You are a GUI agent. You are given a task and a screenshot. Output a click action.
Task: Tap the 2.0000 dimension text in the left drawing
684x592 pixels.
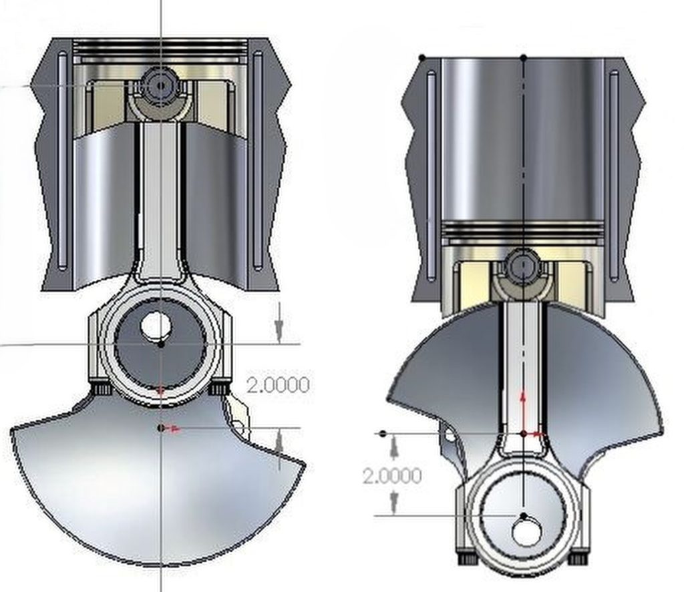pos(278,385)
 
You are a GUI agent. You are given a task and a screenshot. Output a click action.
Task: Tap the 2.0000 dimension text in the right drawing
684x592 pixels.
pos(392,476)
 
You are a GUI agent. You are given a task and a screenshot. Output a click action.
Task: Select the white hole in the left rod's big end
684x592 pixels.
pos(157,325)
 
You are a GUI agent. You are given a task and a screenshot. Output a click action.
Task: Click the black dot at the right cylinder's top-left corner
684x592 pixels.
pos(421,57)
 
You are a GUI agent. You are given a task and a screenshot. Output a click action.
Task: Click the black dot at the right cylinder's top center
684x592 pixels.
pos(523,57)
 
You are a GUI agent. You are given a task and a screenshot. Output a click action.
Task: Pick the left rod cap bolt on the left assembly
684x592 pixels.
pos(102,388)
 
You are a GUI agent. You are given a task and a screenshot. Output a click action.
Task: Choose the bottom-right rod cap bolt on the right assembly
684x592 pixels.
pos(578,557)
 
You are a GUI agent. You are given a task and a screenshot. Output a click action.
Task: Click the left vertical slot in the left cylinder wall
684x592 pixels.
pos(62,160)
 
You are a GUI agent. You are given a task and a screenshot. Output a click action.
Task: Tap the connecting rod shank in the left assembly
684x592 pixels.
pos(160,200)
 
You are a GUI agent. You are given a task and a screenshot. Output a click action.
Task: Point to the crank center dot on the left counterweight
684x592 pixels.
pos(160,427)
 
